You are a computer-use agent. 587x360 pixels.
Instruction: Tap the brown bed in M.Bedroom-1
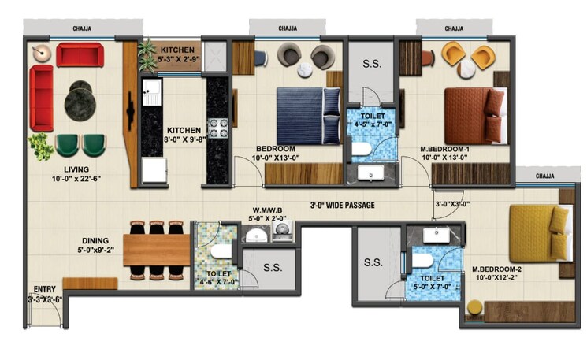(x=473, y=114)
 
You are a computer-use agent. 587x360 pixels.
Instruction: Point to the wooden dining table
(x=156, y=250)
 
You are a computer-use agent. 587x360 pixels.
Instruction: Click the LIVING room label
(x=76, y=169)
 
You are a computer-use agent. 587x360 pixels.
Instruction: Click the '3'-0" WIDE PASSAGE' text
(x=341, y=205)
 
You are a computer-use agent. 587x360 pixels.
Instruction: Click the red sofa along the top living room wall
(x=79, y=55)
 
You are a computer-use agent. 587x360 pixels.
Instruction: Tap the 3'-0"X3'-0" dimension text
(x=452, y=204)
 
